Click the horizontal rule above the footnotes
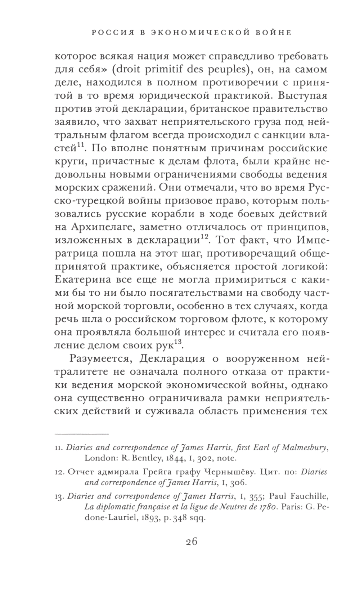(81, 434)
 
